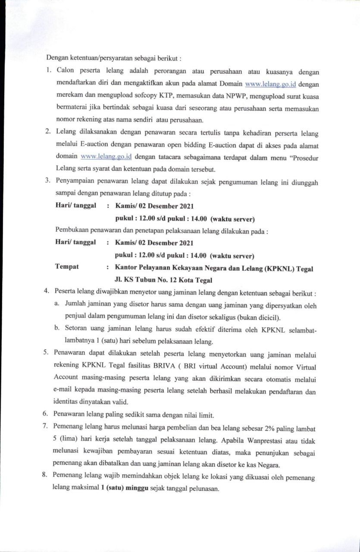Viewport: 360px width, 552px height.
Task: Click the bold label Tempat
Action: [67, 267]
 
